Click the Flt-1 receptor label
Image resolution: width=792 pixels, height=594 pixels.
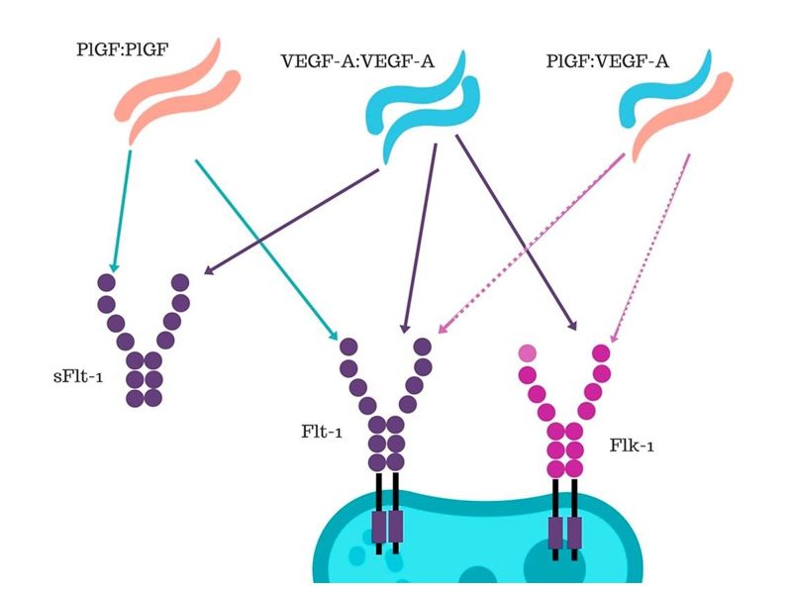pos(314,432)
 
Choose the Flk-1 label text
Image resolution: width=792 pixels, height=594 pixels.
pos(632,445)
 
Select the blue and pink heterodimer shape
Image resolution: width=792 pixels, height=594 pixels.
pos(663,109)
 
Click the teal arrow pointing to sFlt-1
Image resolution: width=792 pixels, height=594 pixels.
pos(122,208)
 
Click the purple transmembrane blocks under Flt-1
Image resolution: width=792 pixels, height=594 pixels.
pos(387,526)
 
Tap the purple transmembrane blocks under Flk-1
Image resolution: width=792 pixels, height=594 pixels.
pos(564,530)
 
